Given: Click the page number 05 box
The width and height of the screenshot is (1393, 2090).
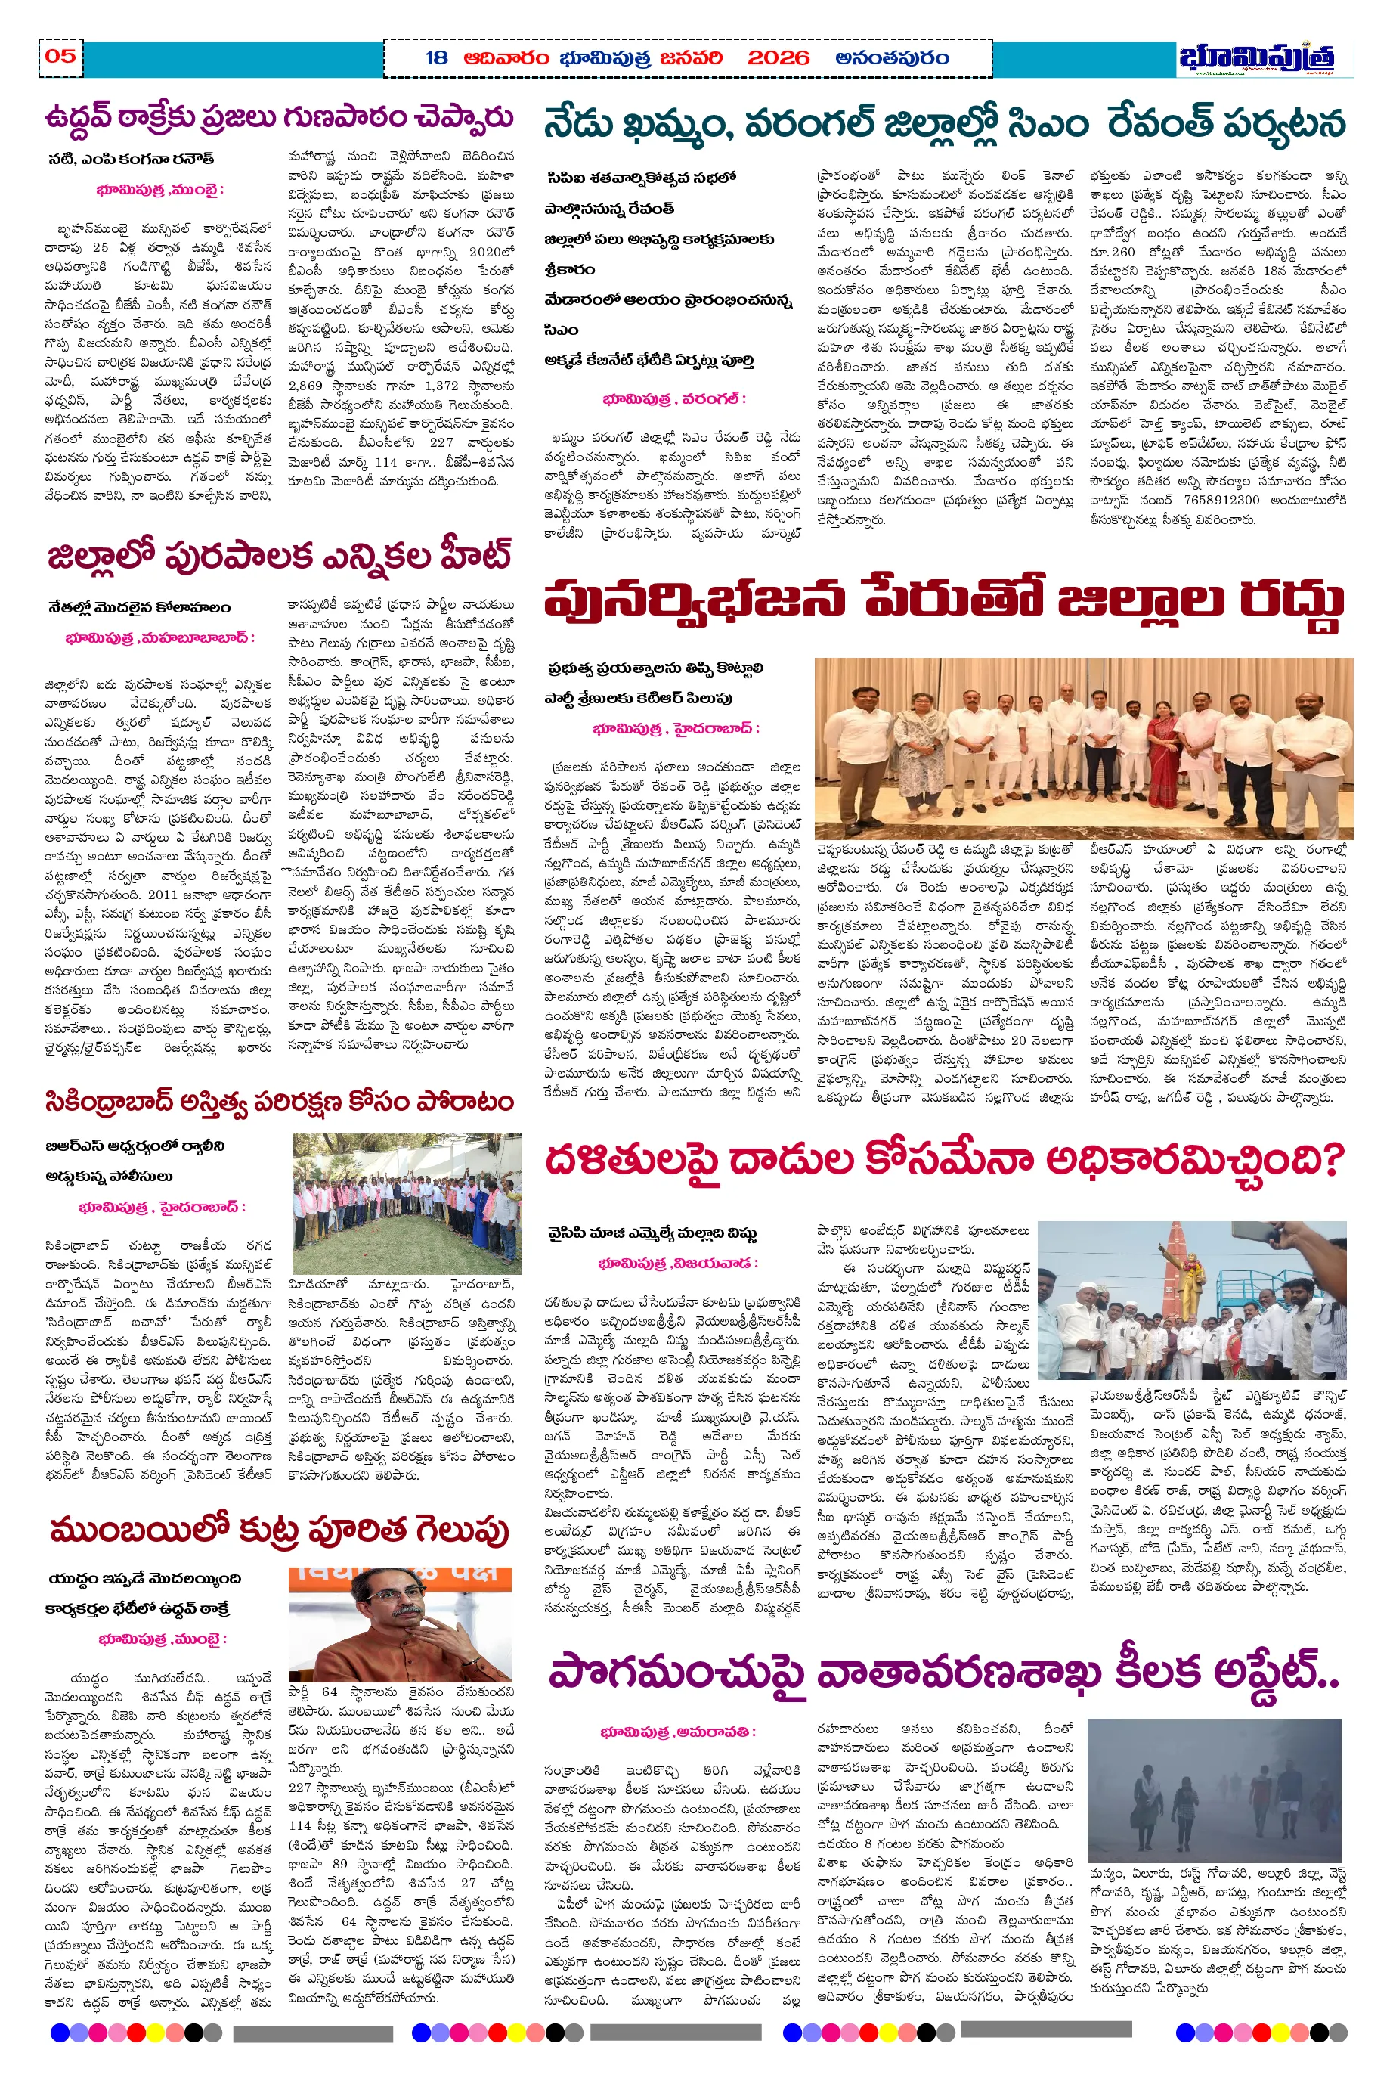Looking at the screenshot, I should pyautogui.click(x=60, y=57).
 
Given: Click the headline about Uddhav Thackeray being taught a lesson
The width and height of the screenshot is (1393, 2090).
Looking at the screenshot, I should pyautogui.click(x=280, y=118).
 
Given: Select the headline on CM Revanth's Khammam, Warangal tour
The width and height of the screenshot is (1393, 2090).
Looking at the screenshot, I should pyautogui.click(x=944, y=123).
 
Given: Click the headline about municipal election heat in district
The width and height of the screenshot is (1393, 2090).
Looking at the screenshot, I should pyautogui.click(x=280, y=557).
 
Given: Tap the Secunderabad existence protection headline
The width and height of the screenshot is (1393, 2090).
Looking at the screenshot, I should pyautogui.click(x=280, y=1102).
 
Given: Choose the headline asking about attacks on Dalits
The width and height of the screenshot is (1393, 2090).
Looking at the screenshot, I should pyautogui.click(x=944, y=1160).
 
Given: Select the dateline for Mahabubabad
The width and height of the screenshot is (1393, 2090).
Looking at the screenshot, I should pyautogui.click(x=160, y=638).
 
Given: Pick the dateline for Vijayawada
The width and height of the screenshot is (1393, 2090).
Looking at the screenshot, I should pyautogui.click(x=678, y=1263).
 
